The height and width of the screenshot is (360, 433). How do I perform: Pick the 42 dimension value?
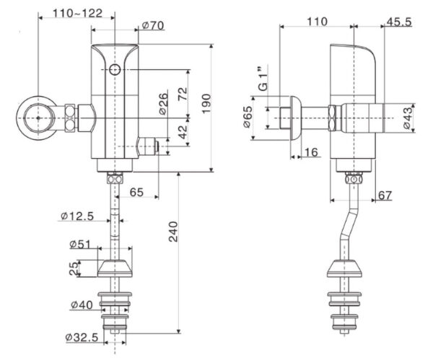point(183,132)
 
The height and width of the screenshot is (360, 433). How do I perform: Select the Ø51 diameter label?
point(82,243)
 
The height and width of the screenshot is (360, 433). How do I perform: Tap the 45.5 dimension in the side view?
point(398,22)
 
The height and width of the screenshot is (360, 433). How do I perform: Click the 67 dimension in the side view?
point(385,195)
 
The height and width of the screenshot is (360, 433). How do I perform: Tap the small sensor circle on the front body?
point(115,69)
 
